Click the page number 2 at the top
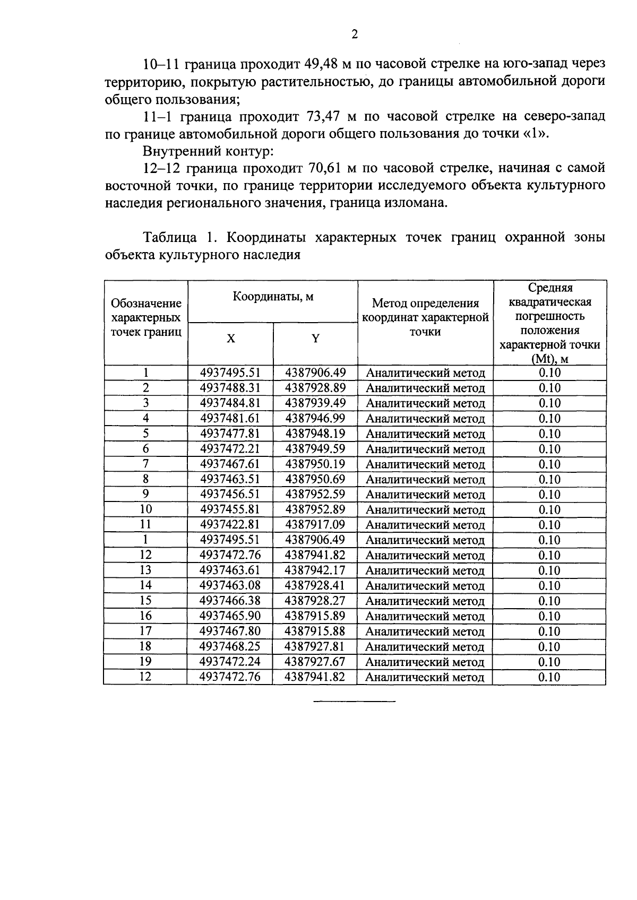pyautogui.click(x=355, y=34)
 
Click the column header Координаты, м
pyautogui.click(x=273, y=297)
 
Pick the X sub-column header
pyautogui.click(x=230, y=339)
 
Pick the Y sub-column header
pyautogui.click(x=315, y=339)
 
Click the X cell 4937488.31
pyautogui.click(x=230, y=388)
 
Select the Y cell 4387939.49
pyautogui.click(x=315, y=403)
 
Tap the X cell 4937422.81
pyautogui.click(x=230, y=525)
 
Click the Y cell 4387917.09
pyautogui.click(x=315, y=525)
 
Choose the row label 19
pyautogui.click(x=145, y=662)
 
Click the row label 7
pyautogui.click(x=145, y=464)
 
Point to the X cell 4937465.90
pyautogui.click(x=230, y=616)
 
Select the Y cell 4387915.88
pyautogui.click(x=315, y=631)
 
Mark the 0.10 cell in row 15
pyautogui.click(x=549, y=601)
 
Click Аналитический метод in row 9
pyautogui.click(x=425, y=495)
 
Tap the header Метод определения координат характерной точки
pyautogui.click(x=425, y=317)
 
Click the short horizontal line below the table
pyautogui.click(x=355, y=702)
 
